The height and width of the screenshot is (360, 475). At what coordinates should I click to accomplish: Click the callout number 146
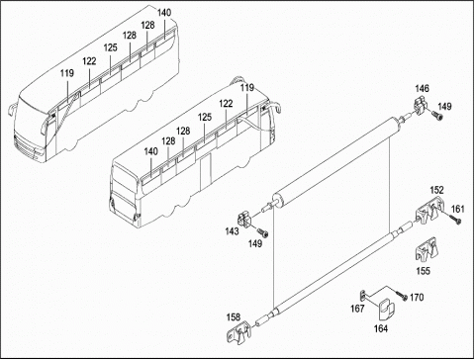coord(422,88)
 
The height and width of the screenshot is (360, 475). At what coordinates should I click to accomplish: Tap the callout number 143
coord(232,231)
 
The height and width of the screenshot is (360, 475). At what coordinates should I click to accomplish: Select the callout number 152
coord(436,190)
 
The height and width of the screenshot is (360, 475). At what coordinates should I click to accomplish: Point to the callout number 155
coord(424,271)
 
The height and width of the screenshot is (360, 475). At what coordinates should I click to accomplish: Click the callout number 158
coord(234,317)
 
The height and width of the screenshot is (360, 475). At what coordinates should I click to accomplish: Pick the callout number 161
coord(457,209)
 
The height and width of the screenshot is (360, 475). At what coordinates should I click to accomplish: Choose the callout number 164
coord(381,328)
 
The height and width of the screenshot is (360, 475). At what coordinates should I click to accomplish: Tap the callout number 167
coord(357,309)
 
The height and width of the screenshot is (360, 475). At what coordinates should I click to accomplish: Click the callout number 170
coord(417,298)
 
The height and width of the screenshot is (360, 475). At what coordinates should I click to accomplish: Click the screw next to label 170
coord(402,296)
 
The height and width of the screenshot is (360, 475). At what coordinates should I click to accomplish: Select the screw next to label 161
coord(454,220)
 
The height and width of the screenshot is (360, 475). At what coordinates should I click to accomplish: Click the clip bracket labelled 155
coord(427,250)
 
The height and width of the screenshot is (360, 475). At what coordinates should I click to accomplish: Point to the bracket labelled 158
coord(238,332)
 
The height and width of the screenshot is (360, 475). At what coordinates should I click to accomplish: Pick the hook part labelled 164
coord(386,310)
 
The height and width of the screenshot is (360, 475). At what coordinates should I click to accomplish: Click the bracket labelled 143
coord(244,219)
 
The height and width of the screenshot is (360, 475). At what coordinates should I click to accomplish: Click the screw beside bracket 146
coord(437,116)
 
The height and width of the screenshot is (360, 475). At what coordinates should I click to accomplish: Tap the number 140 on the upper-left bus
coord(164,13)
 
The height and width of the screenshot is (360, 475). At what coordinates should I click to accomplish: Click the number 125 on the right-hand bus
coord(205,118)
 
